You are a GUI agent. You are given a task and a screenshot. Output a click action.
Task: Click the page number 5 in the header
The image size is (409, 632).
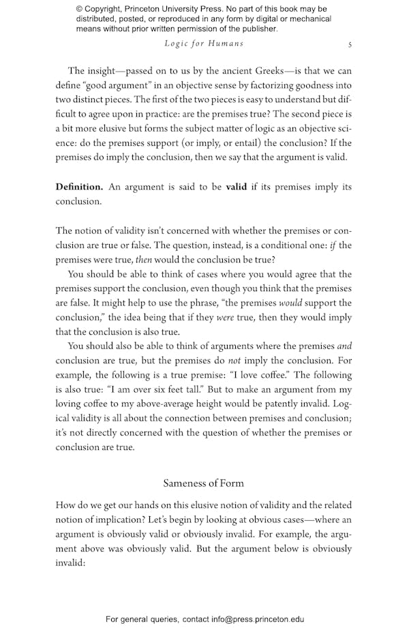coord(350,44)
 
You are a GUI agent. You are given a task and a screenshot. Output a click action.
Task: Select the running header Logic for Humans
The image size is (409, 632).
coord(204,44)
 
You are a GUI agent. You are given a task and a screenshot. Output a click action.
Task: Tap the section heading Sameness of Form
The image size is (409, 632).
coord(203,483)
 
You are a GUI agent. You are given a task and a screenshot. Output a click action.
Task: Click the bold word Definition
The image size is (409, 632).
coord(79,187)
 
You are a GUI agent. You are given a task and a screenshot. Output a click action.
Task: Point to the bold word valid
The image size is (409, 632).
coord(237,187)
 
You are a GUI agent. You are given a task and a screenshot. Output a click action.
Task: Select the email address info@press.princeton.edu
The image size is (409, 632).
coord(248,619)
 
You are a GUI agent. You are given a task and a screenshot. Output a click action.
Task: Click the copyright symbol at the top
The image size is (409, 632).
coord(80,9)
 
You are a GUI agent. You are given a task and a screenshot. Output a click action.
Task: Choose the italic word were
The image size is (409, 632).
coord(225,317)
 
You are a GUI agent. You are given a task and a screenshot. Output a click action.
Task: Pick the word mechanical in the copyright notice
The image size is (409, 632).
coord(309,19)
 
